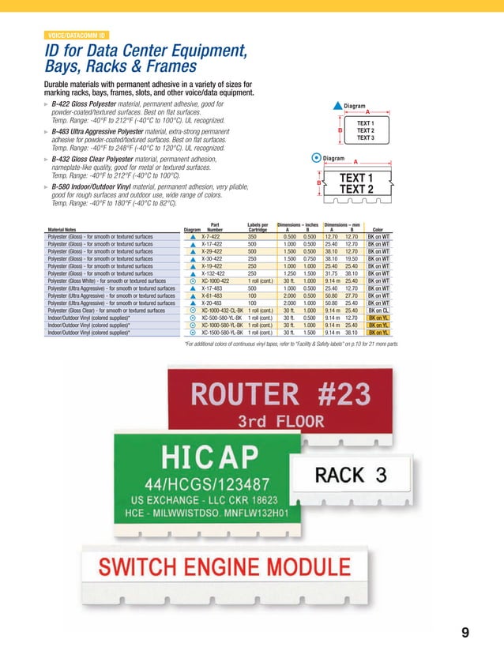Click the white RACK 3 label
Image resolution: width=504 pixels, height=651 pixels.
pyautogui.click(x=352, y=475)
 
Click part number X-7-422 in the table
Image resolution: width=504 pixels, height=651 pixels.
pyautogui.click(x=211, y=236)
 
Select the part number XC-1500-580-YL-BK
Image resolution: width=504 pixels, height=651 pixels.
pyautogui.click(x=223, y=333)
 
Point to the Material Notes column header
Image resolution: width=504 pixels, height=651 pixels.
pyautogui.click(x=66, y=231)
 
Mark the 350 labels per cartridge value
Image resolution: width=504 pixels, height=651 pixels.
pyautogui.click(x=252, y=236)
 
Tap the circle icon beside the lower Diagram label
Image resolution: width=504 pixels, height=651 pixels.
pyautogui.click(x=317, y=158)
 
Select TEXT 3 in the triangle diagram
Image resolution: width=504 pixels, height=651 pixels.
pyautogui.click(x=366, y=138)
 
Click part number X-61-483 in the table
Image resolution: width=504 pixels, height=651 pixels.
pyautogui.click(x=212, y=295)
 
